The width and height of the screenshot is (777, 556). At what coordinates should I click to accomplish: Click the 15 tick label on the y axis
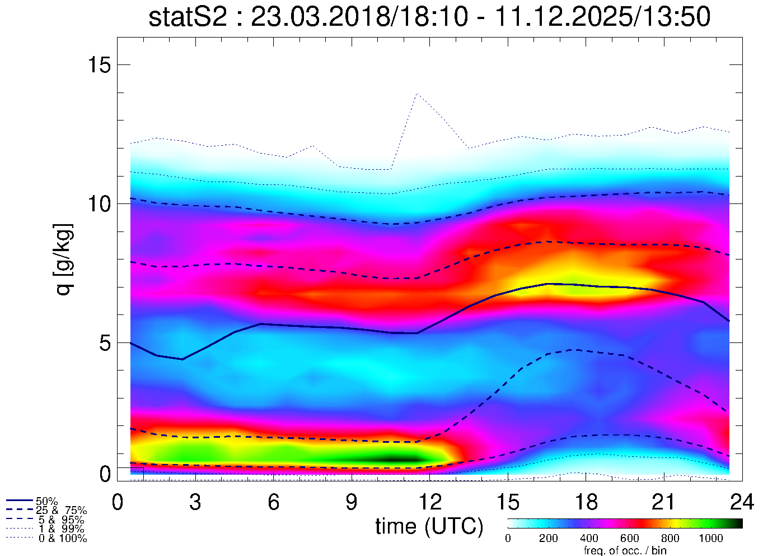[99, 65]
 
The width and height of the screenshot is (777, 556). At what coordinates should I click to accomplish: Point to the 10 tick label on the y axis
[99, 203]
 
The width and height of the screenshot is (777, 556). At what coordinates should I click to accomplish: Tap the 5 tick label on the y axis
[105, 342]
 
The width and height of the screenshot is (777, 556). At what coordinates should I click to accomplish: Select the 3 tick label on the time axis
[195, 502]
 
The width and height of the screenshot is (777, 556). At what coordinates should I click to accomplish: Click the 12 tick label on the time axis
[429, 502]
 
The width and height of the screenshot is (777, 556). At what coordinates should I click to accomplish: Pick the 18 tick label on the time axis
[586, 502]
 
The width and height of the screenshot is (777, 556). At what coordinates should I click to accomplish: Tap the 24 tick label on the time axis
[742, 502]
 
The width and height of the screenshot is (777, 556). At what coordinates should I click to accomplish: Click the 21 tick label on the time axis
[664, 502]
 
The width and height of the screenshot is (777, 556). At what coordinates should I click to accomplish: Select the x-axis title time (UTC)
[429, 526]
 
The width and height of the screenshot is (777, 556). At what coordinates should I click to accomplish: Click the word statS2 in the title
[188, 17]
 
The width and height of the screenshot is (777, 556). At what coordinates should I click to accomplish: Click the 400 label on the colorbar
[589, 539]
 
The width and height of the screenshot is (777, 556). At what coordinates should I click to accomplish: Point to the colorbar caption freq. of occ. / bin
[625, 550]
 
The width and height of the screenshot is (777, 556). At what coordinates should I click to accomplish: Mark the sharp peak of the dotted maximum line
[416, 94]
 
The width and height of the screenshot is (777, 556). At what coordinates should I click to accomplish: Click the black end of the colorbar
[737, 523]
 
